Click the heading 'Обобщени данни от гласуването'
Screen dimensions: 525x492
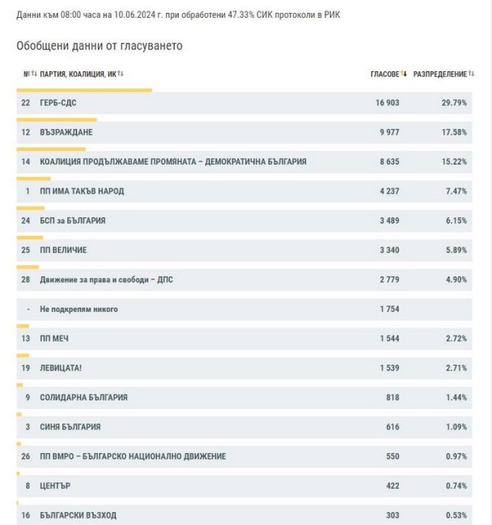pos(100,46)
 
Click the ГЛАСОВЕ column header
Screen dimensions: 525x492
pos(385,74)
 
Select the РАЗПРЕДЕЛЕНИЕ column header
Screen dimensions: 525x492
pos(440,74)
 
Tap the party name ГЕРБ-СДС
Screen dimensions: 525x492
pos(58,103)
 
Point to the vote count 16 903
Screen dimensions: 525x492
pos(387,103)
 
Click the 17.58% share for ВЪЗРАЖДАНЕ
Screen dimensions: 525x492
pos(454,132)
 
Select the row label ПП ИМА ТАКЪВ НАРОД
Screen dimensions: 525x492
pos(82,191)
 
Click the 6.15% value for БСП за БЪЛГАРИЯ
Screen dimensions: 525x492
pos(456,220)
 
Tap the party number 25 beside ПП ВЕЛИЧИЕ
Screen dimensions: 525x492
pos(25,250)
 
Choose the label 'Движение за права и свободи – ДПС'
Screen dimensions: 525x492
pos(106,279)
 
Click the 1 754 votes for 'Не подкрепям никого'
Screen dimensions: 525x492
pos(389,309)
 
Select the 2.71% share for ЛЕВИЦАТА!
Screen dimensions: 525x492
pos(456,368)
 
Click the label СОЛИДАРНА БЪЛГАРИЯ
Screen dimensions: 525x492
pos(83,397)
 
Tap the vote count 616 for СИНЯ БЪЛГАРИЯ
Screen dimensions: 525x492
pos(392,426)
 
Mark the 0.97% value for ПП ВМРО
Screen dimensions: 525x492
pos(456,456)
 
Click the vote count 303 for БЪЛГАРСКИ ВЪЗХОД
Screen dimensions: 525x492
pos(392,515)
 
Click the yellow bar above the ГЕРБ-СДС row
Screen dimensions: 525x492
pos(84,90)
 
